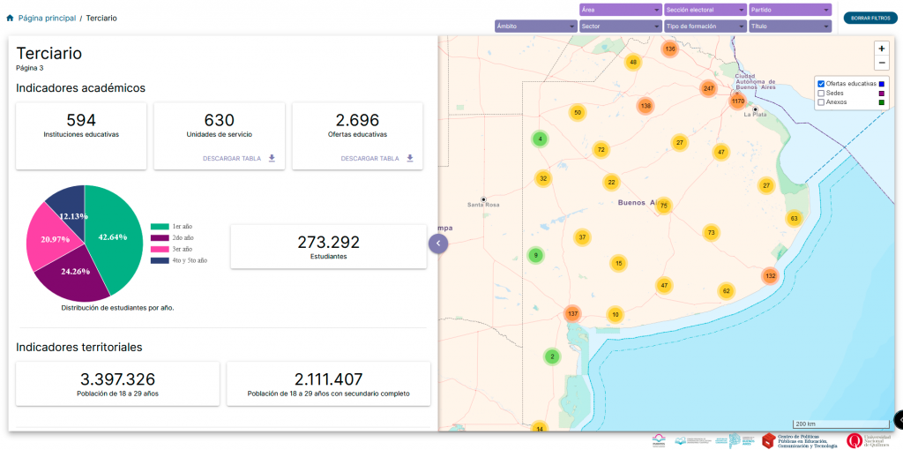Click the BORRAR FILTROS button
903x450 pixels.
(869, 18)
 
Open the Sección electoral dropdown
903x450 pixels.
(705, 10)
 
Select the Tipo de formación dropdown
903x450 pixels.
(705, 26)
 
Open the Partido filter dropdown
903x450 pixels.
(790, 10)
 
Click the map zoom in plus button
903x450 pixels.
(882, 49)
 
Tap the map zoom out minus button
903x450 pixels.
(882, 64)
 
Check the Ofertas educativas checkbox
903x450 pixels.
(822, 83)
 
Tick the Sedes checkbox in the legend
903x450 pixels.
(822, 93)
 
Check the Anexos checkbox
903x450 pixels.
(822, 102)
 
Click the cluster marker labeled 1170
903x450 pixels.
(738, 101)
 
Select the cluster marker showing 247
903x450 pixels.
(709, 88)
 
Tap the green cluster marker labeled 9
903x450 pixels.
(534, 255)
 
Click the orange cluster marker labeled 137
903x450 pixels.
(573, 313)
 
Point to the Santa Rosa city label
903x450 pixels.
(483, 205)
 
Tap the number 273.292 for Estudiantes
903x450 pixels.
(328, 242)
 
